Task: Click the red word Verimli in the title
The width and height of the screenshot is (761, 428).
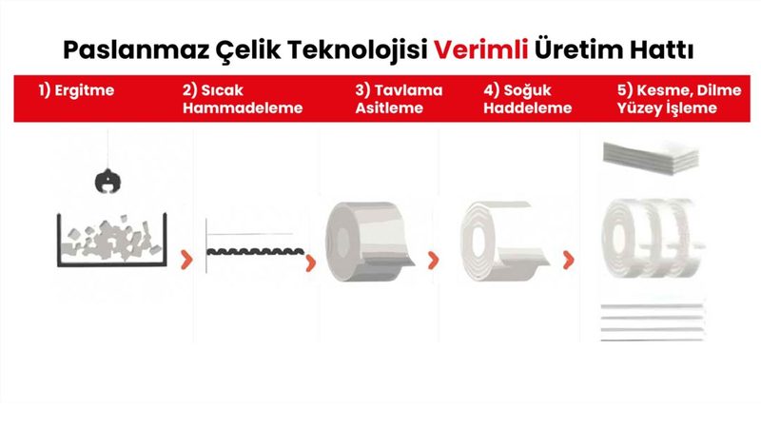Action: pyautogui.click(x=480, y=49)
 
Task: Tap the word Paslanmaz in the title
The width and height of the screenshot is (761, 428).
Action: pyautogui.click(x=136, y=50)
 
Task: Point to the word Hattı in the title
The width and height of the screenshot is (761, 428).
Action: pyautogui.click(x=661, y=49)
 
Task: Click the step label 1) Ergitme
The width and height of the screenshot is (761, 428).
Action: pyautogui.click(x=76, y=90)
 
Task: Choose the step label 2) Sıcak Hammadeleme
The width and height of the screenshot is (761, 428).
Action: pyautogui.click(x=243, y=99)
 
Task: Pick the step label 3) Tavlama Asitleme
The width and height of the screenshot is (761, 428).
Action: pyautogui.click(x=399, y=99)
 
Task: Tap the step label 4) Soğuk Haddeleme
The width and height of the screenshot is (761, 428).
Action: pyautogui.click(x=528, y=99)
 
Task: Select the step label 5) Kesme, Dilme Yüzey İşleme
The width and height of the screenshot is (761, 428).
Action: pyautogui.click(x=679, y=99)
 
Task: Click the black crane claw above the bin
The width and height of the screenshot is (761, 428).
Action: pyautogui.click(x=107, y=181)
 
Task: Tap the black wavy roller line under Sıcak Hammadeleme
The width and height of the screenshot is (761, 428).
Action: pyautogui.click(x=255, y=251)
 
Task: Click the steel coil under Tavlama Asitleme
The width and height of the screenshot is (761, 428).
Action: pyautogui.click(x=369, y=242)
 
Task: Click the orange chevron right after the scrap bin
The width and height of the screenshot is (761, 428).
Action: pyautogui.click(x=186, y=260)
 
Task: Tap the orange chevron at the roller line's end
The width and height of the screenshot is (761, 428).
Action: pyautogui.click(x=311, y=263)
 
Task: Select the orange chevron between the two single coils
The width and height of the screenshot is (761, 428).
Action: pyautogui.click(x=434, y=260)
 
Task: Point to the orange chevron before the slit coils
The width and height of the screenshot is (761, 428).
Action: pyautogui.click(x=568, y=260)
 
